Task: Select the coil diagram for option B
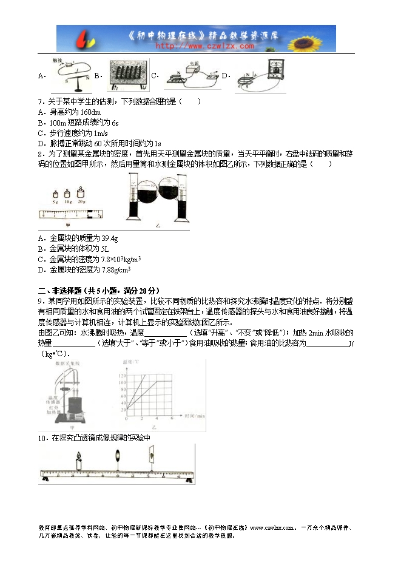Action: tap(129, 75)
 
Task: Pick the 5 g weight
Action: tap(55, 194)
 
